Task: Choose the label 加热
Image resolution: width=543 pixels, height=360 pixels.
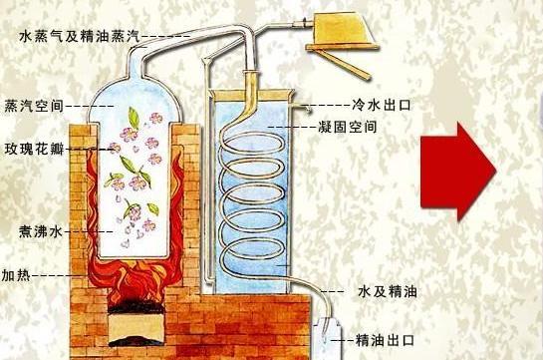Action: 16,273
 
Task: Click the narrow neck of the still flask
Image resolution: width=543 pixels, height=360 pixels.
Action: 140,62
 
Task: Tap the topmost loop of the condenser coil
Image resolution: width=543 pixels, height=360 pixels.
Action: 250,140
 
